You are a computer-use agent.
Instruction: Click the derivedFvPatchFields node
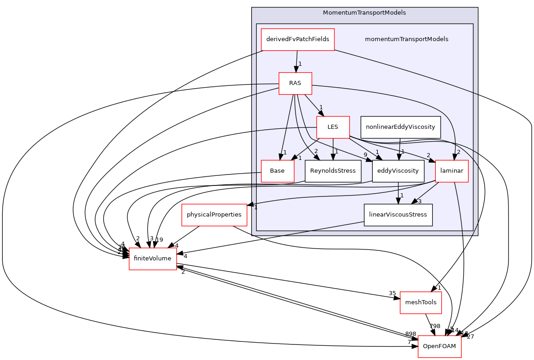pos(297,39)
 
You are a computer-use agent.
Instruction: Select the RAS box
pos(295,83)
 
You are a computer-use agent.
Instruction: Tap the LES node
pos(333,127)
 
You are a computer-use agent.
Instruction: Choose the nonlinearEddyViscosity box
pos(400,127)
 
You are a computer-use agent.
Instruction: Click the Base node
pos(277,171)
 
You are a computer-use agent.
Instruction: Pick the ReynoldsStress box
pos(333,171)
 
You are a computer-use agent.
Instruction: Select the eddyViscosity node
pos(398,171)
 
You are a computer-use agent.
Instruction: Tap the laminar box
pos(451,171)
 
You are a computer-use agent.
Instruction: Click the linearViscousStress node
pos(397,215)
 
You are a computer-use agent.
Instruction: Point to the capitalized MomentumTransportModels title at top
pos(364,13)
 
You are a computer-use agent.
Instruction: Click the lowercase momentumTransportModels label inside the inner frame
pos(406,39)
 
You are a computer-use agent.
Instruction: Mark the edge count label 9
pos(365,155)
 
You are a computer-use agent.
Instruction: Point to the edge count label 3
pos(419,201)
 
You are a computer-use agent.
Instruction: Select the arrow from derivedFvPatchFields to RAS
pos(296,61)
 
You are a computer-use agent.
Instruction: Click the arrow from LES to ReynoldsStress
pos(333,149)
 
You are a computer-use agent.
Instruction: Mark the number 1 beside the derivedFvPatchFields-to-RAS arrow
pos(300,64)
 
